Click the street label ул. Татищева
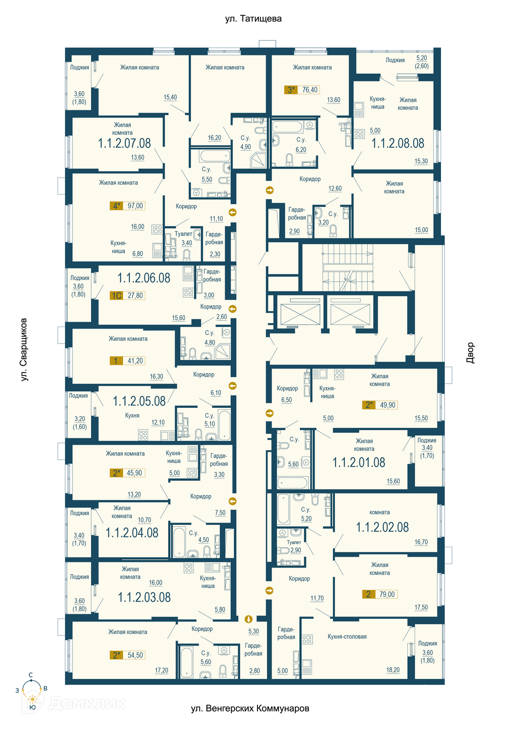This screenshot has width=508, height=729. (253, 19)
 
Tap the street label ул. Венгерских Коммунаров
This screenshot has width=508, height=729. (250, 708)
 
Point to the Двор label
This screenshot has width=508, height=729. (470, 353)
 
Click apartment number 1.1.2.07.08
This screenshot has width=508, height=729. (124, 143)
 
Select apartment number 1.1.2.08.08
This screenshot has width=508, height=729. (398, 143)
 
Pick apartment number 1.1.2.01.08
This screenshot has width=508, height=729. (359, 462)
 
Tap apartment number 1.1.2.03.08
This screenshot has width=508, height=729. (144, 597)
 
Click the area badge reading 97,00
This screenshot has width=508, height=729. (128, 205)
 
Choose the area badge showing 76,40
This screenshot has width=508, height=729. (302, 90)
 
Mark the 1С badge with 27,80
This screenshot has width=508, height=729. (128, 296)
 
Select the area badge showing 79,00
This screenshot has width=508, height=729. (380, 594)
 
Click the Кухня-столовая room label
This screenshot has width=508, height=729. (347, 637)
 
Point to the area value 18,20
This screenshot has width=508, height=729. (393, 670)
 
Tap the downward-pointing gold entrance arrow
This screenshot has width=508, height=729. (248, 619)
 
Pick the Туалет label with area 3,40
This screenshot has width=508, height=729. (183, 234)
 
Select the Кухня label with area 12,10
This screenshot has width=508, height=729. (132, 416)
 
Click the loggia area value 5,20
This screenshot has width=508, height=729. (421, 58)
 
